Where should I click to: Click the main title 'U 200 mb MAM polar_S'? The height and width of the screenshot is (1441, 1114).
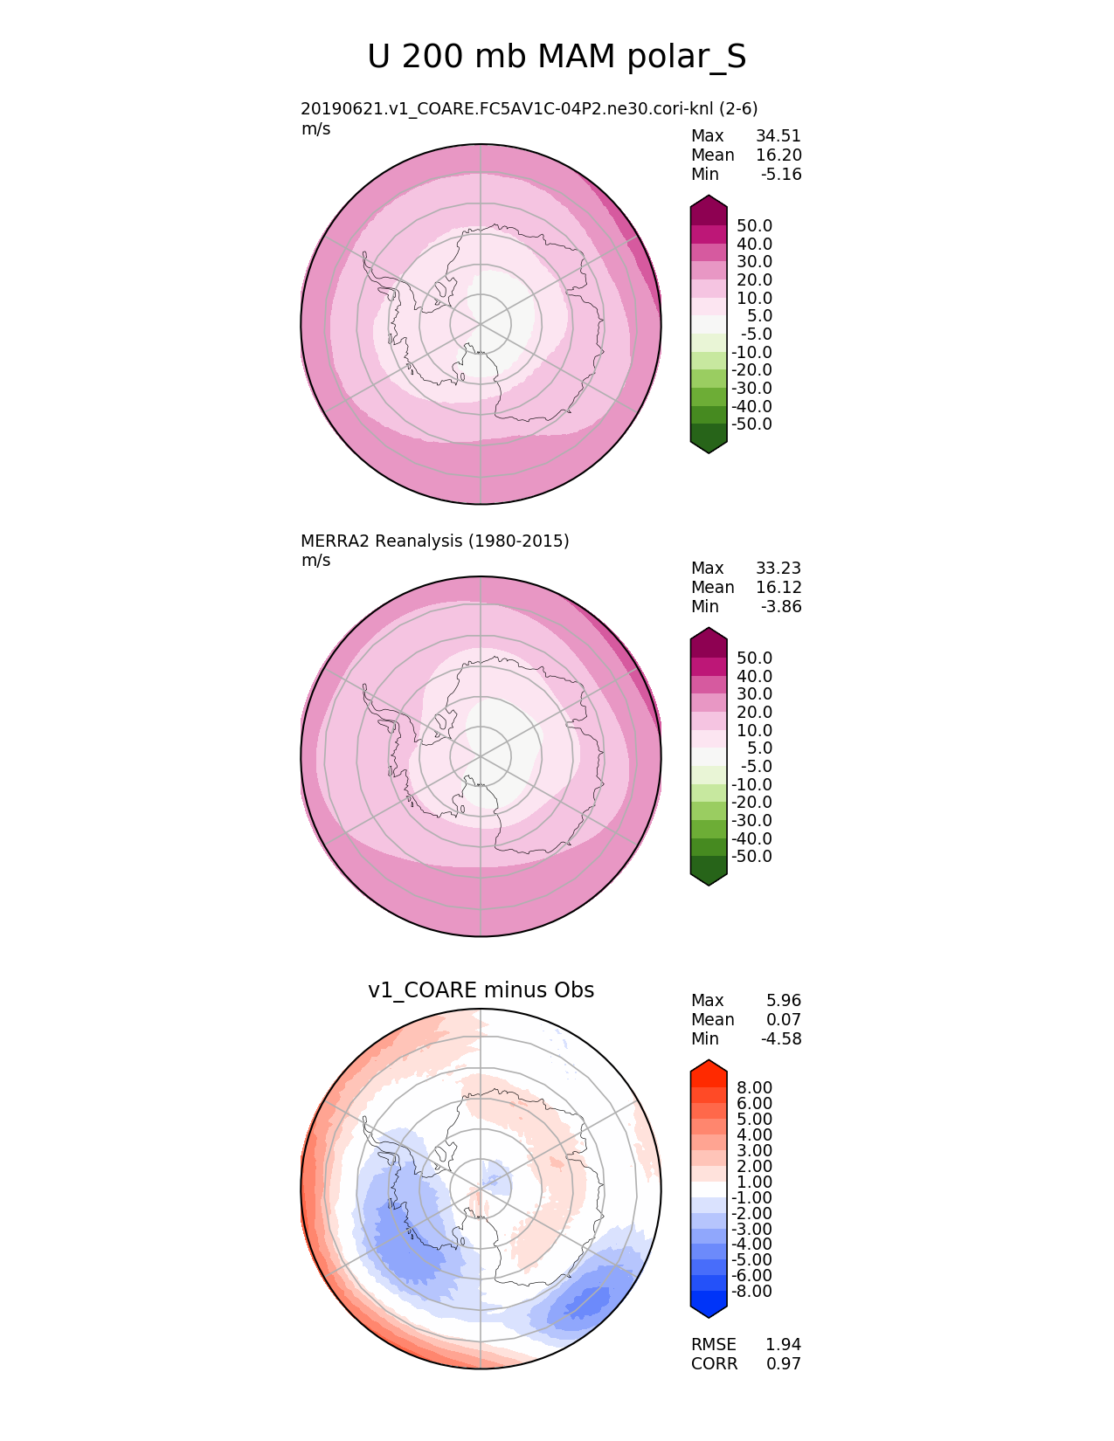tap(557, 58)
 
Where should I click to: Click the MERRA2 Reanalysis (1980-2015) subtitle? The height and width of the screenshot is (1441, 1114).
tap(434, 541)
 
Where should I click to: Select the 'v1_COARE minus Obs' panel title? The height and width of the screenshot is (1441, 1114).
tap(481, 990)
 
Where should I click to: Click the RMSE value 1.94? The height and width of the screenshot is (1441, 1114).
tap(783, 1345)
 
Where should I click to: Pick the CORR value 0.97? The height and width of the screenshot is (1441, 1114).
tap(783, 1364)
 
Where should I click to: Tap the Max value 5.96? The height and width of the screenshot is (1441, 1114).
tap(783, 1001)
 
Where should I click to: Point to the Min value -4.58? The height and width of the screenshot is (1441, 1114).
tap(780, 1039)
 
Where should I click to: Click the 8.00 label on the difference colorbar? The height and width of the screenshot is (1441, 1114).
tap(754, 1088)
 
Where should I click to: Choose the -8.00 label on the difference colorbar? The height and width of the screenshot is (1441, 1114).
tap(751, 1292)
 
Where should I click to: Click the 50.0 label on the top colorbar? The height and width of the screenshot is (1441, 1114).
tap(754, 226)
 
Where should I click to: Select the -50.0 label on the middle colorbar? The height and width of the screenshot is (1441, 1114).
tap(751, 857)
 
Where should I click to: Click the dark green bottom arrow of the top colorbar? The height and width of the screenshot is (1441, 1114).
tap(709, 440)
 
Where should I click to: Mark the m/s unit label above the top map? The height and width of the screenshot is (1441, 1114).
tap(315, 129)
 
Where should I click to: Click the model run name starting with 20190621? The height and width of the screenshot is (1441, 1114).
tap(529, 109)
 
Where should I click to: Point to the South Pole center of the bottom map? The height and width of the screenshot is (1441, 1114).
tap(481, 1189)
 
